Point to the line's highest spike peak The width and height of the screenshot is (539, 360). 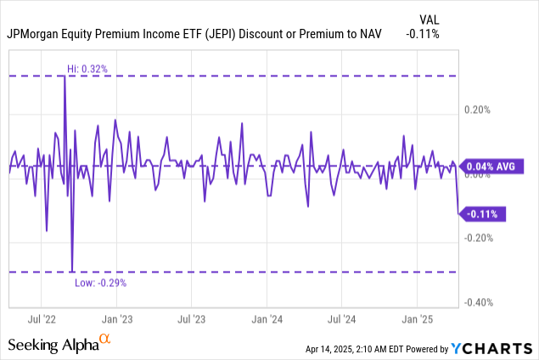pyautogui.click(x=65, y=76)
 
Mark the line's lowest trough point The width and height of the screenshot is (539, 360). pyautogui.click(x=71, y=271)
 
